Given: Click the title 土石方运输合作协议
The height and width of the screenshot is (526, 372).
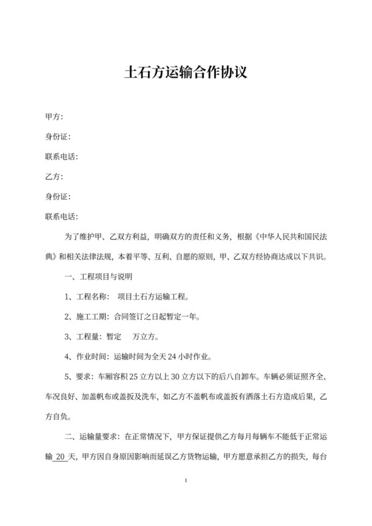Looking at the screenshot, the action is [186, 71].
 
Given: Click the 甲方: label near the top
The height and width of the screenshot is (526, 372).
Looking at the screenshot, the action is [54, 118].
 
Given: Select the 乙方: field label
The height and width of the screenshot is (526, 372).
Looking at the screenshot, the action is [54, 177].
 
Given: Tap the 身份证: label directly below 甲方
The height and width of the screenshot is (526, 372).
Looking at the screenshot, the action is [58, 137].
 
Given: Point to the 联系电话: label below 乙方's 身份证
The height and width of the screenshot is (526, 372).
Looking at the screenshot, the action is [62, 217].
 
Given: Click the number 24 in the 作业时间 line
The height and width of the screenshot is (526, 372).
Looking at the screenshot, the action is [174, 357].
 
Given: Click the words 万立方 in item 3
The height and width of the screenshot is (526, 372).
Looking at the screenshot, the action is [145, 337].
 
